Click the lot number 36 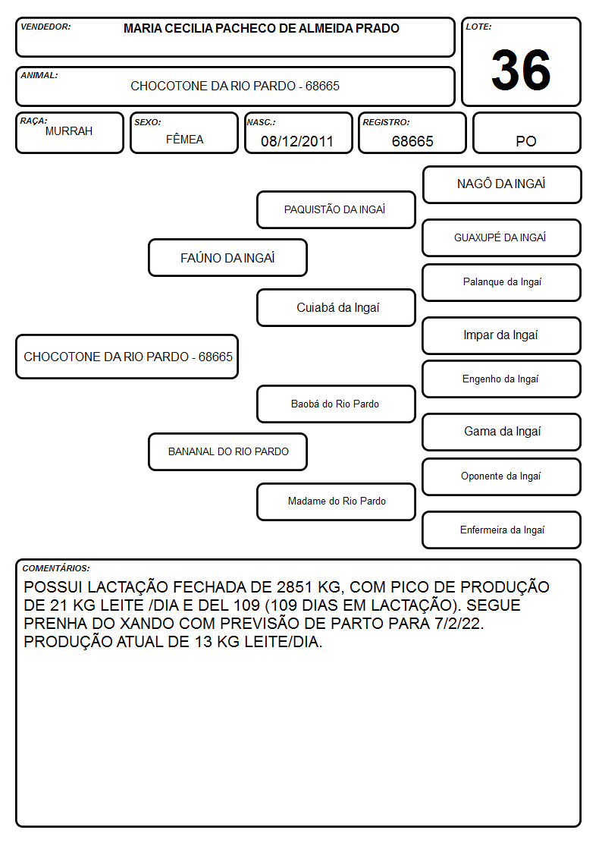[521, 70]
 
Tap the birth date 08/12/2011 [297, 141]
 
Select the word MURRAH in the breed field [69, 131]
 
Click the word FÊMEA [184, 139]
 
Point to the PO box [526, 133]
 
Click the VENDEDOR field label [45, 27]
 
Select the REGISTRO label [386, 122]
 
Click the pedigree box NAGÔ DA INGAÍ [502, 185]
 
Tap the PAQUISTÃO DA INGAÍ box [336, 209]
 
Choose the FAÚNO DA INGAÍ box [228, 257]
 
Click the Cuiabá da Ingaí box [336, 307]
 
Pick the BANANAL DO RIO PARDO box [228, 451]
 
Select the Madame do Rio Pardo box [336, 501]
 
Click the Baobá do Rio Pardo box [336, 404]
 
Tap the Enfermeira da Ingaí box [502, 530]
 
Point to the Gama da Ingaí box [502, 432]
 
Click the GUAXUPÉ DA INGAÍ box [502, 237]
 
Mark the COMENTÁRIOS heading [56, 568]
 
